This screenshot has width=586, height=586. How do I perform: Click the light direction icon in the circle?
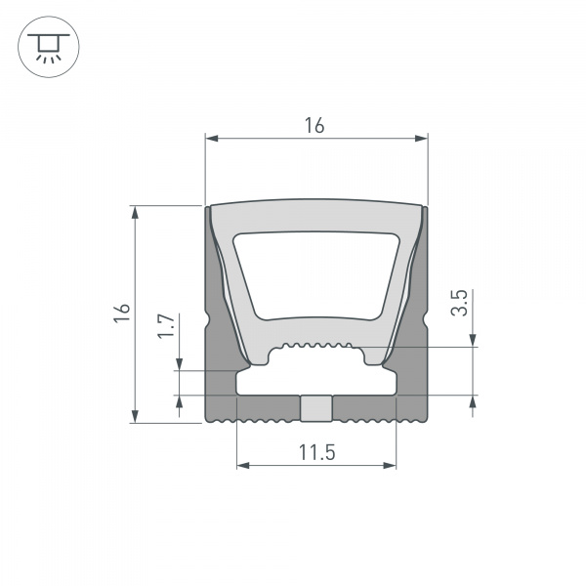(x=44, y=46)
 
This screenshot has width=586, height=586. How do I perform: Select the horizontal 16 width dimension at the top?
(x=314, y=125)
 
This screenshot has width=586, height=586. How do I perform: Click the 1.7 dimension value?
(x=165, y=324)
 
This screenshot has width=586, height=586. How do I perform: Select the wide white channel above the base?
(x=316, y=379)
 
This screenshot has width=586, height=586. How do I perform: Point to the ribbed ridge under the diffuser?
(x=315, y=346)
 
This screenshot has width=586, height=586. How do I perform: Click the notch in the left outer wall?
(x=209, y=318)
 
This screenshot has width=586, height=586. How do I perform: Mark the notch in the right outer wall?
(x=425, y=318)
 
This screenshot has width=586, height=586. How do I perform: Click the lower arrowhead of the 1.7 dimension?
(x=180, y=401)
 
